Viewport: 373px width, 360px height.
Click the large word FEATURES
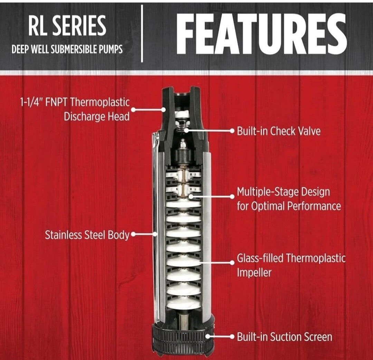pos(261,34)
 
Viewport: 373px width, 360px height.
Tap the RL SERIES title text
pos(67,26)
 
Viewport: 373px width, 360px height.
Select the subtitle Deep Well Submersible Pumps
pos(67,49)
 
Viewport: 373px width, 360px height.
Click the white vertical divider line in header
pos(142,34)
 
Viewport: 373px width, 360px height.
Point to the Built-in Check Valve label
pos(279,131)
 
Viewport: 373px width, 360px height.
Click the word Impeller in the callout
pos(254,273)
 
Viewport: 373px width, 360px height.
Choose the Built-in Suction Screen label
pos(285,337)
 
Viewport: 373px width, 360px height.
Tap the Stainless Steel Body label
pos(87,235)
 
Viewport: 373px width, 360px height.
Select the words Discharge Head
pos(97,116)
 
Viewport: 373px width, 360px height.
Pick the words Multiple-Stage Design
pos(283,192)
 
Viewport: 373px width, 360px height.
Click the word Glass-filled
pos(260,258)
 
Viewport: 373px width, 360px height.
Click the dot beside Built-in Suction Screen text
pos(232,337)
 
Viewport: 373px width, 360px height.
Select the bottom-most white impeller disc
pos(183,303)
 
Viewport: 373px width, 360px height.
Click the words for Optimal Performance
pos(289,206)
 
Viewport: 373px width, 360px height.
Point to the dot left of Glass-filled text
pos(232,263)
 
